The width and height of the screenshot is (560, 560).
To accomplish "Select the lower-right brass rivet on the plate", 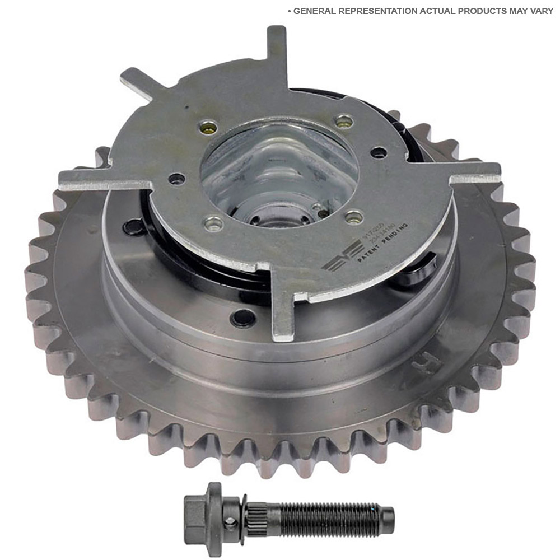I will (x=354, y=216).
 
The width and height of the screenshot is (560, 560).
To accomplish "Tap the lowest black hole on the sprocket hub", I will (x=242, y=318).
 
